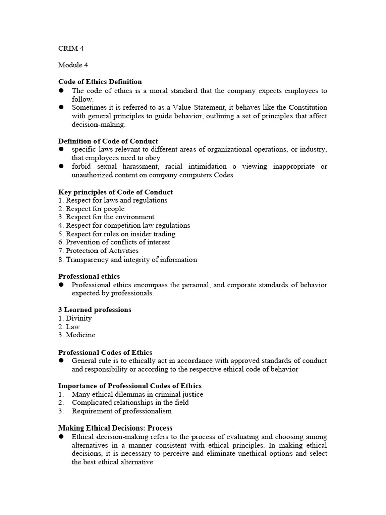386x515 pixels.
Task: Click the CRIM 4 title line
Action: click(x=71, y=49)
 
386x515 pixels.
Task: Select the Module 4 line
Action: click(x=73, y=65)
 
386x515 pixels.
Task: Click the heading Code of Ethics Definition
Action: click(x=100, y=82)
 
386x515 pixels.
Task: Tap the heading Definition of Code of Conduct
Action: click(x=108, y=141)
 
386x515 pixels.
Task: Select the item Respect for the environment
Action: click(x=106, y=217)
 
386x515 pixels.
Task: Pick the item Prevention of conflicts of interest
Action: click(x=114, y=242)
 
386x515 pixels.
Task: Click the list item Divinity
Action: click(x=75, y=318)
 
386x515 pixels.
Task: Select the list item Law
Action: click(x=69, y=327)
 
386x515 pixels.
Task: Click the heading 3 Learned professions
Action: click(x=95, y=310)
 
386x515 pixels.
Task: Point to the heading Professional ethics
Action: click(x=89, y=276)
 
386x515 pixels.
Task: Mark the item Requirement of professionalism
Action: click(x=122, y=411)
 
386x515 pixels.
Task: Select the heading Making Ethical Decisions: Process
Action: click(x=115, y=428)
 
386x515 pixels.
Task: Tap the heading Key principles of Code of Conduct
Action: click(x=116, y=192)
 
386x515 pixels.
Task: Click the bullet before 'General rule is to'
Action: click(x=61, y=361)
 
